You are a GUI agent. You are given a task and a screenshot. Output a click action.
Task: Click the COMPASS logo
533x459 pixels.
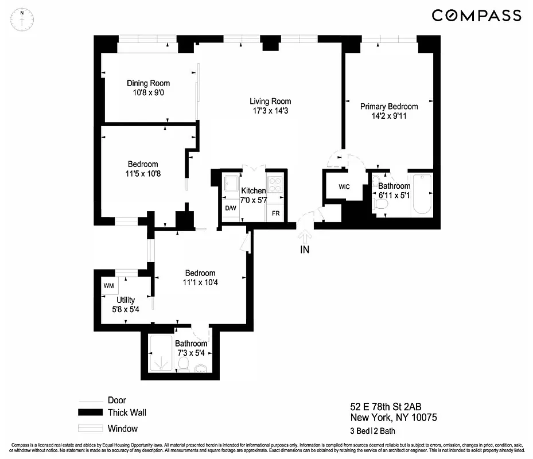click(476, 15)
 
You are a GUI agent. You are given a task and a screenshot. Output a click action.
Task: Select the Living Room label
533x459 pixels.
click(270, 102)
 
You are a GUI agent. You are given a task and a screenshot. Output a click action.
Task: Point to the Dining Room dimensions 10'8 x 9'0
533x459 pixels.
click(148, 92)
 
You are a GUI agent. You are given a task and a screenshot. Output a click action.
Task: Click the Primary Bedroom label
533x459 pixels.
click(388, 106)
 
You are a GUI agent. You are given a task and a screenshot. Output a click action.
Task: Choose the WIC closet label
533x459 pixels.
click(344, 187)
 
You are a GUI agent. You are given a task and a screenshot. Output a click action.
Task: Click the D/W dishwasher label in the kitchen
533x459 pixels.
click(231, 208)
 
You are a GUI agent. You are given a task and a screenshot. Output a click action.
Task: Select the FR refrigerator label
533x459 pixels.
click(275, 213)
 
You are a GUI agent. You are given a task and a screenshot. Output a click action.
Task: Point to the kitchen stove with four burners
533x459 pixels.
click(275, 185)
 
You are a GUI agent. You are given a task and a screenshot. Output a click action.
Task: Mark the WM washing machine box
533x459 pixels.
click(109, 286)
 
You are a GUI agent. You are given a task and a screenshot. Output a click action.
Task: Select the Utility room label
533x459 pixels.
click(126, 299)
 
